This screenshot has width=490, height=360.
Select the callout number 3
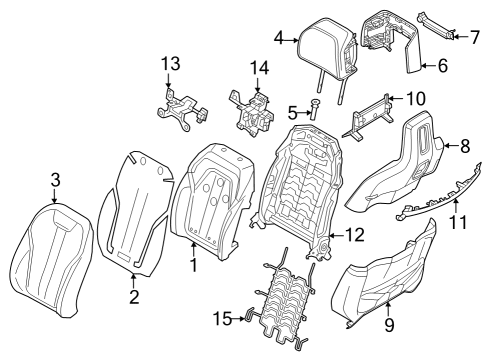coord(56,180)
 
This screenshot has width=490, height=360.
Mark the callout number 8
coord(464,145)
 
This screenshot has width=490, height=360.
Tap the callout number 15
coord(220,318)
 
